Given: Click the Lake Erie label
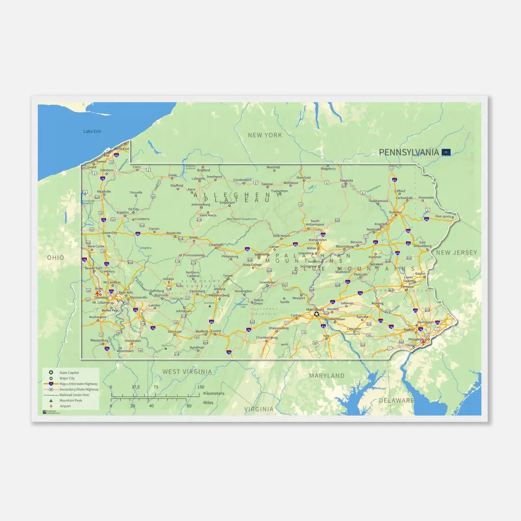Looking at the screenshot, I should [x=92, y=131].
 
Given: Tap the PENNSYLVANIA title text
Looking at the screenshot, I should [x=409, y=152].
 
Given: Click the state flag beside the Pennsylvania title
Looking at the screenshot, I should [x=446, y=152].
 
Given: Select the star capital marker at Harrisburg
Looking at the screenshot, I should [x=317, y=314].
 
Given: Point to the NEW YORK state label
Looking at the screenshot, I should [x=265, y=135].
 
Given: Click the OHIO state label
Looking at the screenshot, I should [x=56, y=257].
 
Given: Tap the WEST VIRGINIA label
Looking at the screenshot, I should [x=187, y=372].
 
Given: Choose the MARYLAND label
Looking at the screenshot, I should [x=327, y=375].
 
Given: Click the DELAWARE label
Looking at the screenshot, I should [x=396, y=400].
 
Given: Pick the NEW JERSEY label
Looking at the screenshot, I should [x=456, y=252].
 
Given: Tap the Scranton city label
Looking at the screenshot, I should [x=395, y=212].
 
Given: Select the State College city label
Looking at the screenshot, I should [x=252, y=265].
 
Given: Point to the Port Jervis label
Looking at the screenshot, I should [x=443, y=216].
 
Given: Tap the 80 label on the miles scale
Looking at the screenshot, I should [x=189, y=406].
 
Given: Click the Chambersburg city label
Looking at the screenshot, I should [x=267, y=337].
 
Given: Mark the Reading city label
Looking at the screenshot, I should [x=378, y=303].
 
